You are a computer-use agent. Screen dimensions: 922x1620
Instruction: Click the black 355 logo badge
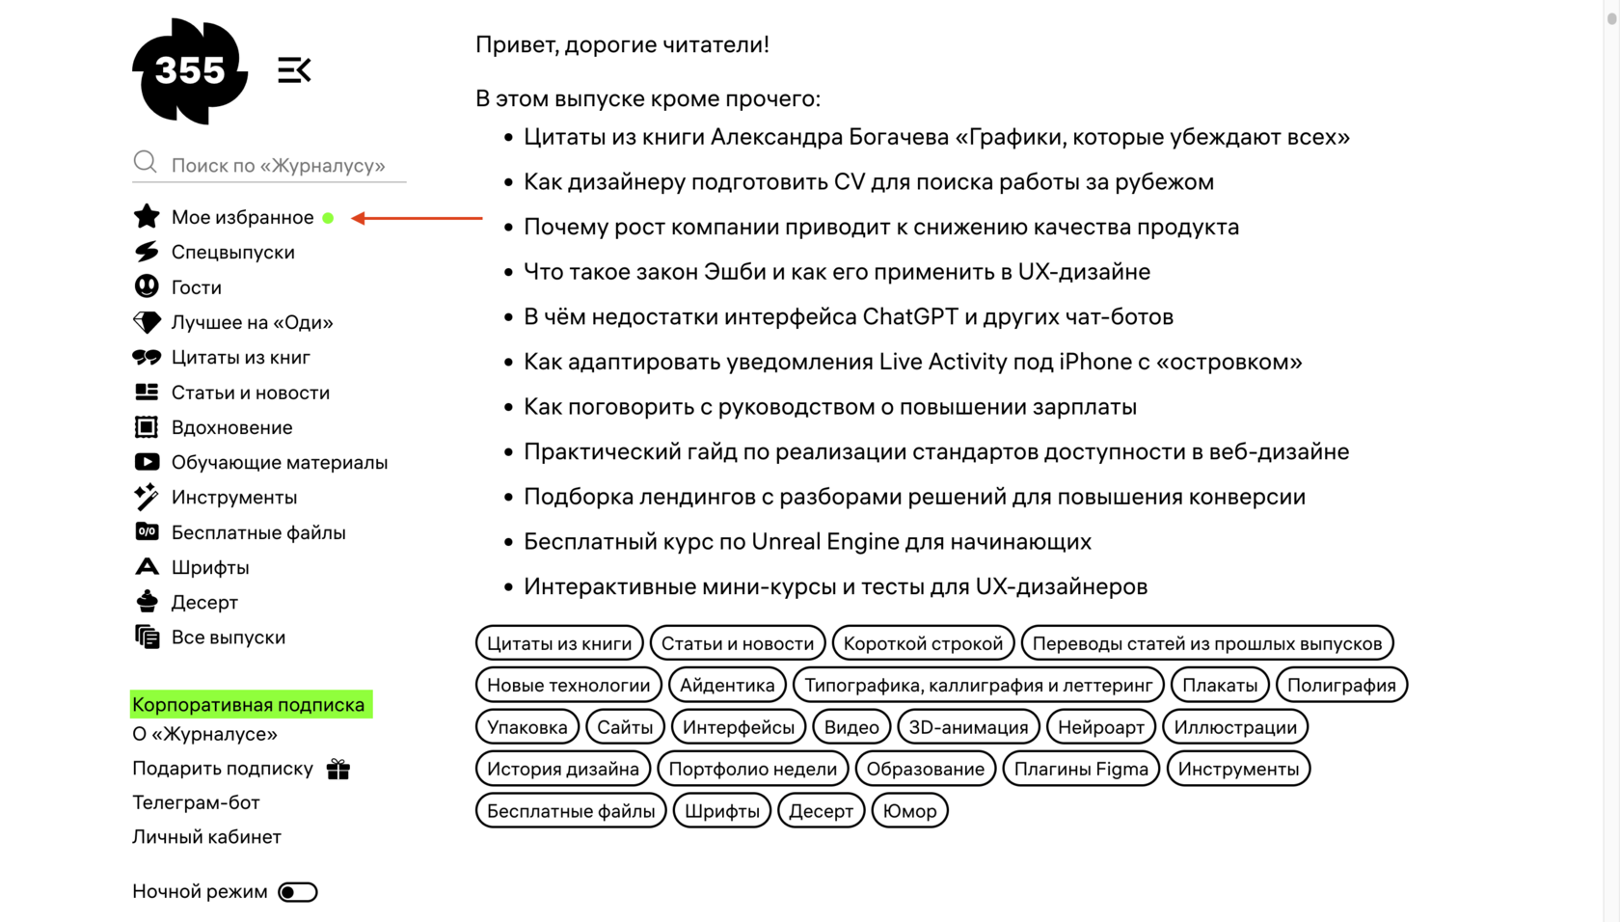click(x=190, y=70)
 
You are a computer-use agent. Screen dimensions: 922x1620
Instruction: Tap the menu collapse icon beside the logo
click(x=294, y=70)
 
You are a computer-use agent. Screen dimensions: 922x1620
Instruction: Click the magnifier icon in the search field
click(x=145, y=162)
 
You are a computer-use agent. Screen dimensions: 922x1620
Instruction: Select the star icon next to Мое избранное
click(x=147, y=217)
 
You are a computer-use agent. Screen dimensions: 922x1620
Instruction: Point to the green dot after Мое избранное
click(x=328, y=218)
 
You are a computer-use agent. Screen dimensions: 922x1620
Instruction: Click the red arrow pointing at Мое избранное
click(x=417, y=218)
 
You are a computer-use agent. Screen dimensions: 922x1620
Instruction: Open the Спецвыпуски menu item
click(x=232, y=253)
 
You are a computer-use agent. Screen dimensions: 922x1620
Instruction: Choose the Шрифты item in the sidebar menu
click(x=209, y=568)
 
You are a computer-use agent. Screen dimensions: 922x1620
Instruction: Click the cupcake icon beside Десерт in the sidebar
click(x=147, y=602)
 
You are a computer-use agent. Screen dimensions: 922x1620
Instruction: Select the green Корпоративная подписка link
click(x=250, y=705)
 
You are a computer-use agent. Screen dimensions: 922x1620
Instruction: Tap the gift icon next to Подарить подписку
click(x=338, y=769)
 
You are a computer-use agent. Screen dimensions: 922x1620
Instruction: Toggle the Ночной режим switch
click(x=297, y=892)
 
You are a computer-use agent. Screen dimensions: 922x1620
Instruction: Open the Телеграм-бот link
click(x=196, y=802)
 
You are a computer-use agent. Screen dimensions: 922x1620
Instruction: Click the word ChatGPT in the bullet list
click(x=907, y=317)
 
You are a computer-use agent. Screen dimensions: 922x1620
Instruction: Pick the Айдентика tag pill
click(x=727, y=686)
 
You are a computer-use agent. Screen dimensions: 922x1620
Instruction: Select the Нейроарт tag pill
click(x=1100, y=727)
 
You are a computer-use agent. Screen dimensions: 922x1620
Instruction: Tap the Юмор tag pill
click(x=909, y=811)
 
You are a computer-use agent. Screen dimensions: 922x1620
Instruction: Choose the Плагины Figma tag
click(x=1081, y=770)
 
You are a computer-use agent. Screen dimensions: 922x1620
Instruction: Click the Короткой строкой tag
click(x=923, y=644)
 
